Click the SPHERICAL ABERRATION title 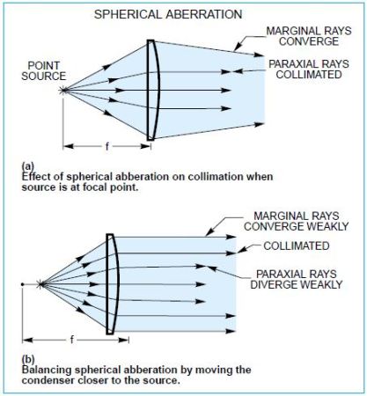click(x=168, y=14)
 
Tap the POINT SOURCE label click(x=44, y=70)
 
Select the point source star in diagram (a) click(x=62, y=90)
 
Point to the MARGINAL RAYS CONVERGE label click(x=309, y=36)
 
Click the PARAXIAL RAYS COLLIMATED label click(x=309, y=70)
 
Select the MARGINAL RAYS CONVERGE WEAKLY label click(x=297, y=221)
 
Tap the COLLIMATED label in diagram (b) click(x=297, y=246)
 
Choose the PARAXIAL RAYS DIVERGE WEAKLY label click(x=297, y=279)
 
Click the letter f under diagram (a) click(x=107, y=146)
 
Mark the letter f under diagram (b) click(x=72, y=340)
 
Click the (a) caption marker click(x=28, y=166)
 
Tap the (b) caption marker click(x=28, y=359)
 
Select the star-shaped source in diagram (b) click(x=40, y=284)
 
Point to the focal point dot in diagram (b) click(x=22, y=284)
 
